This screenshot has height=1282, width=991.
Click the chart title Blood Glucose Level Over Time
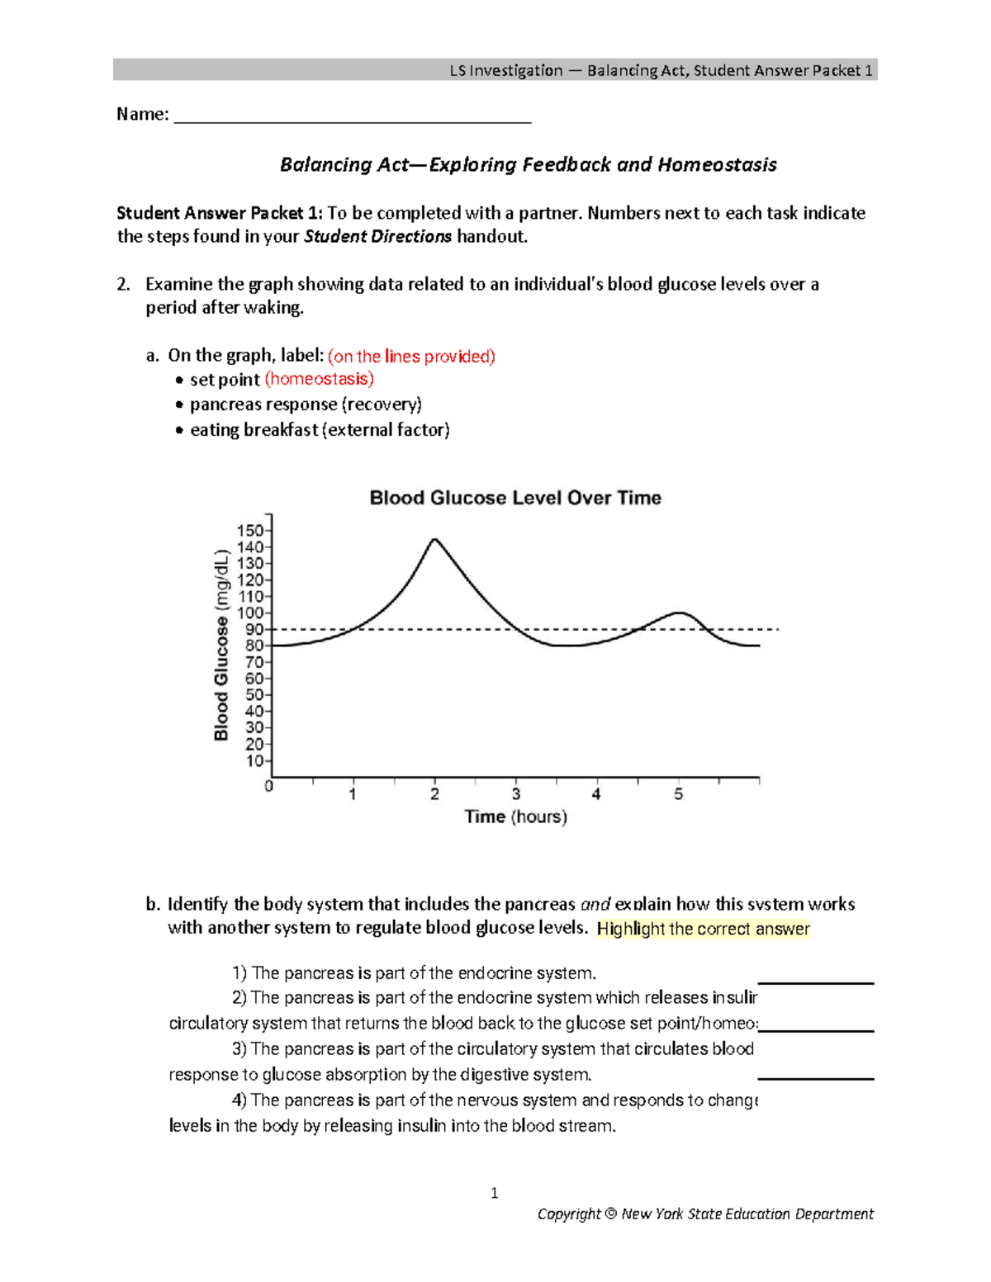515,498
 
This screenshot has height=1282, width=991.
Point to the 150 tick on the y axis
250,531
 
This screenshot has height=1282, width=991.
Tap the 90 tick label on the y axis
254,630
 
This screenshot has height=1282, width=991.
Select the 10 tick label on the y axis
254,761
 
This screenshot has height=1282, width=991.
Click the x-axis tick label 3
516,794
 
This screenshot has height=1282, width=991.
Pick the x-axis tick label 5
679,794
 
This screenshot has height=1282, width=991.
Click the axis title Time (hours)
515,816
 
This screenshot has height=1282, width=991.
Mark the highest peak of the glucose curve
434,540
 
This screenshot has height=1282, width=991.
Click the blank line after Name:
353,116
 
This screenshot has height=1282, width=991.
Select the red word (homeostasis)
319,379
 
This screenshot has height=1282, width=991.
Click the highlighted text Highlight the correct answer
703,929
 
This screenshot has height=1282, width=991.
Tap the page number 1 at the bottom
494,1193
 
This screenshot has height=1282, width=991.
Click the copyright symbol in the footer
610,1214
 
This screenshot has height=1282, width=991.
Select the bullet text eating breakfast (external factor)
320,430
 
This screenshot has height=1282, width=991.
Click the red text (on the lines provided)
411,357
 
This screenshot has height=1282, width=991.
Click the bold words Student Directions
378,237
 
